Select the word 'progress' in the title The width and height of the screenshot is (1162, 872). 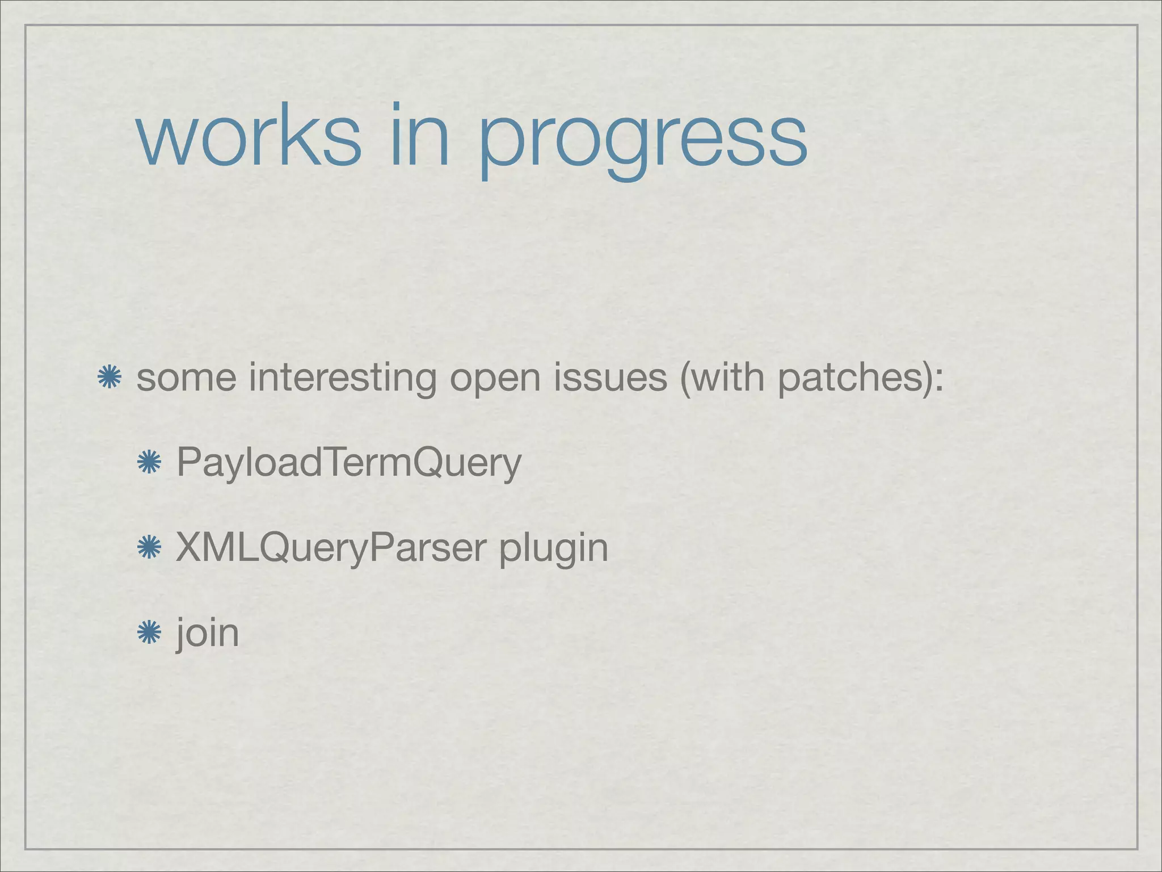(642, 142)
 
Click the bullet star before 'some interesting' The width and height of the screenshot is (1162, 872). (110, 378)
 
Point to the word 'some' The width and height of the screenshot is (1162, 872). (186, 378)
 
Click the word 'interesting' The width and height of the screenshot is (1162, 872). (342, 378)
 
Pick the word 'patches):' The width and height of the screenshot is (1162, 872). (860, 378)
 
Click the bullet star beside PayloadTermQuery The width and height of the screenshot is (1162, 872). (149, 463)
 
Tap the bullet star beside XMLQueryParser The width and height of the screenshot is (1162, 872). (149, 548)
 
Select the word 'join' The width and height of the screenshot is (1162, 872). (208, 634)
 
